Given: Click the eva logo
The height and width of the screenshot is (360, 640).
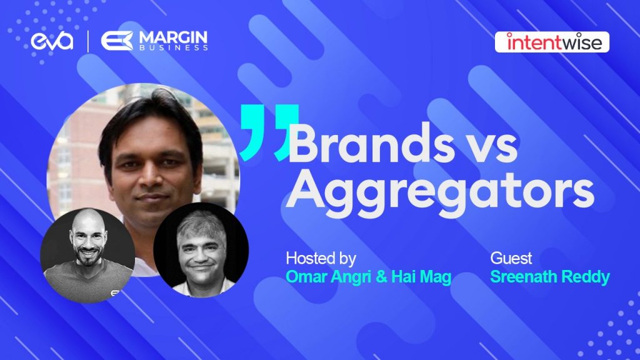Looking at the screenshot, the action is click(x=52, y=41).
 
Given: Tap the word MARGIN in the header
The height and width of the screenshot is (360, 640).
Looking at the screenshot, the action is click(x=174, y=37).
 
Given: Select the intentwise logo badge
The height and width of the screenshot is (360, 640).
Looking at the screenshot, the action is click(x=552, y=42).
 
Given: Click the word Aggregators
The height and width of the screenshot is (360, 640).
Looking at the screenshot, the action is click(x=439, y=192).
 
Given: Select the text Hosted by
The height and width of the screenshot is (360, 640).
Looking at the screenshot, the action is click(x=321, y=258).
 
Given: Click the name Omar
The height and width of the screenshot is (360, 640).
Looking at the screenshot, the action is click(x=306, y=277).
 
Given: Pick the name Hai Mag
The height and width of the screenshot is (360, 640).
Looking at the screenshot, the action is click(x=421, y=277).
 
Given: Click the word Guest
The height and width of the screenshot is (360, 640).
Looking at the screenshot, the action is click(x=511, y=258).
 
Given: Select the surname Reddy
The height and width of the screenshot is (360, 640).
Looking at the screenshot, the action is click(x=586, y=277).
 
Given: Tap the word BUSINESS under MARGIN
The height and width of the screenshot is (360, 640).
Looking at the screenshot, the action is click(x=174, y=47).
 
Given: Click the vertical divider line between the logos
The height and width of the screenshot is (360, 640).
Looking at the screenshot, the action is click(x=87, y=41).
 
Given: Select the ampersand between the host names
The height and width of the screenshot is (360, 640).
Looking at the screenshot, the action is click(x=381, y=277).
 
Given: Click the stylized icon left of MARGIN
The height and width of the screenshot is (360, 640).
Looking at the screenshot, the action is click(x=117, y=41).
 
